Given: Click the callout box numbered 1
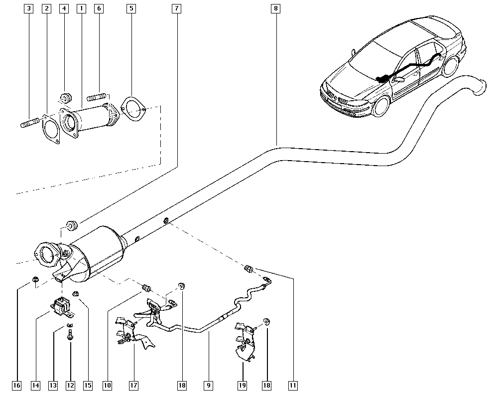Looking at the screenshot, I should [x=81, y=8].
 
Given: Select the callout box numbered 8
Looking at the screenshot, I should [x=276, y=8].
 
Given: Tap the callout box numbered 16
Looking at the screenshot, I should [x=17, y=385].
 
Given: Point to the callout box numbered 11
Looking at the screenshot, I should [x=292, y=385].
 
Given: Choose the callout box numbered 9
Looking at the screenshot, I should [x=208, y=385].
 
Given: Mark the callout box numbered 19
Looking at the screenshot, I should [x=243, y=385].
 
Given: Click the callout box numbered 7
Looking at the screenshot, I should [x=177, y=8].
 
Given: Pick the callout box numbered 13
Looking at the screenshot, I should [x=53, y=385].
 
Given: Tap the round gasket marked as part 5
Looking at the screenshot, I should [x=132, y=108].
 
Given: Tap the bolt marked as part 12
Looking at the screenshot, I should [x=70, y=337].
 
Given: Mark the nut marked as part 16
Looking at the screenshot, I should [x=35, y=280].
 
